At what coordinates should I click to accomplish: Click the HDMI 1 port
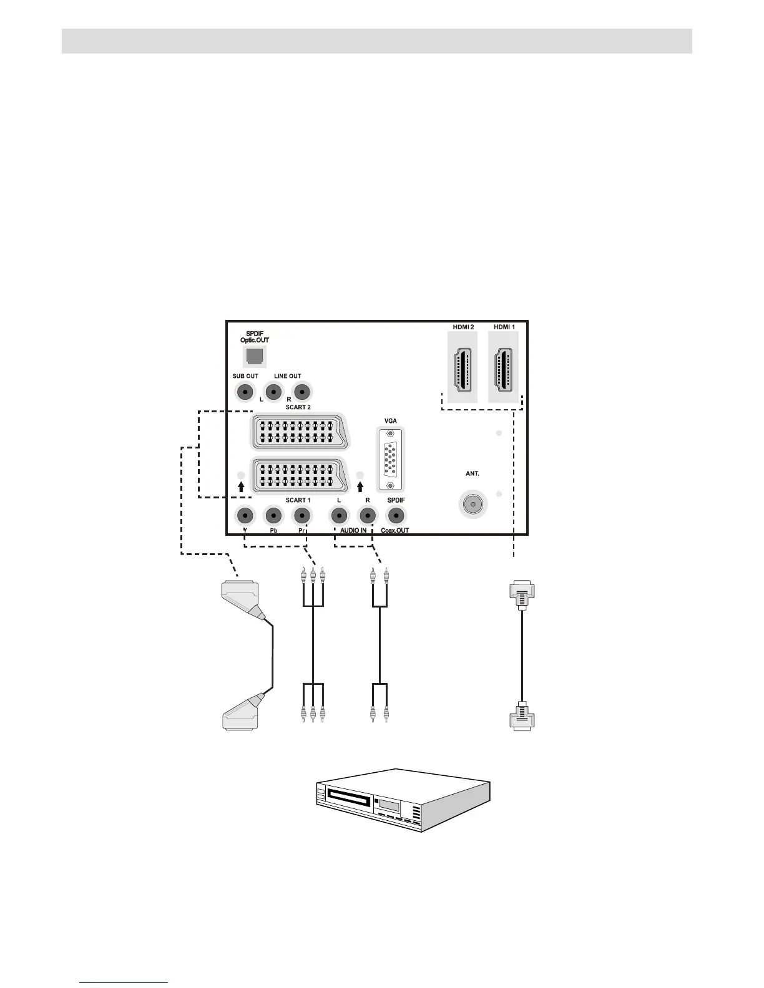click(x=503, y=366)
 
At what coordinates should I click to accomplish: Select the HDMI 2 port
click(x=463, y=366)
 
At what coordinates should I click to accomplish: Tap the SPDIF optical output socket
click(x=254, y=356)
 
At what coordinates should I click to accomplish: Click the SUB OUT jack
click(x=245, y=392)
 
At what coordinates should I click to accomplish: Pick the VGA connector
click(x=390, y=460)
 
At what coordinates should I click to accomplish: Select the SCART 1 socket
click(x=298, y=476)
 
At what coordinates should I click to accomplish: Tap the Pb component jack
click(x=273, y=516)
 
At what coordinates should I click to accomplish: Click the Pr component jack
click(x=301, y=516)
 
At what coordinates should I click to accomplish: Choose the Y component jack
click(x=245, y=516)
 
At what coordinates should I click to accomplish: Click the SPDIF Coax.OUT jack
click(x=396, y=516)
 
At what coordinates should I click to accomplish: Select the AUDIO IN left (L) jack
click(x=338, y=516)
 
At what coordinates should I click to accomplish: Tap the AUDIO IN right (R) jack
click(x=368, y=516)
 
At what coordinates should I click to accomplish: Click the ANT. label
click(x=473, y=474)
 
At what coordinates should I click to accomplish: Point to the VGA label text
click(x=390, y=421)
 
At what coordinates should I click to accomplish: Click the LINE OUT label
click(x=287, y=376)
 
